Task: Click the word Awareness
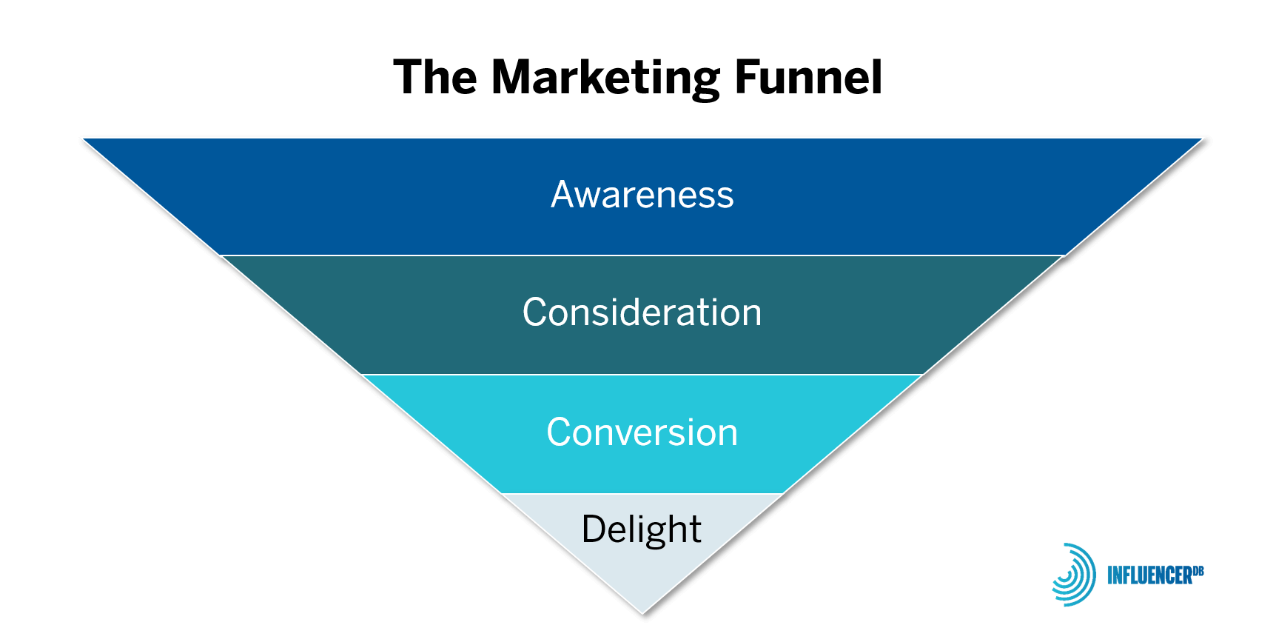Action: click(642, 195)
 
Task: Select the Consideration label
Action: click(642, 312)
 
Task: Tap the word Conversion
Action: click(642, 432)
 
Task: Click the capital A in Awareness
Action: click(565, 195)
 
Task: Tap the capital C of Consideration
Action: click(535, 312)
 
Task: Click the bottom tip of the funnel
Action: click(642, 613)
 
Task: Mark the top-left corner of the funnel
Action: click(80, 138)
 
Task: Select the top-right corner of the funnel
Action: click(1205, 138)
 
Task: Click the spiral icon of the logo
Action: click(1074, 575)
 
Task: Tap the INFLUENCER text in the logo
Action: click(1149, 575)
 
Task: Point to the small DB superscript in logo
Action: click(1199, 570)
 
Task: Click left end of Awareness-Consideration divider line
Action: click(221, 255)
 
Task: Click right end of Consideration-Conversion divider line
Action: click(924, 375)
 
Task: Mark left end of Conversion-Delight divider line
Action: click(502, 493)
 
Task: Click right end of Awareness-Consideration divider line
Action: click(1064, 255)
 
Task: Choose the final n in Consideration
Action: click(751, 315)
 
